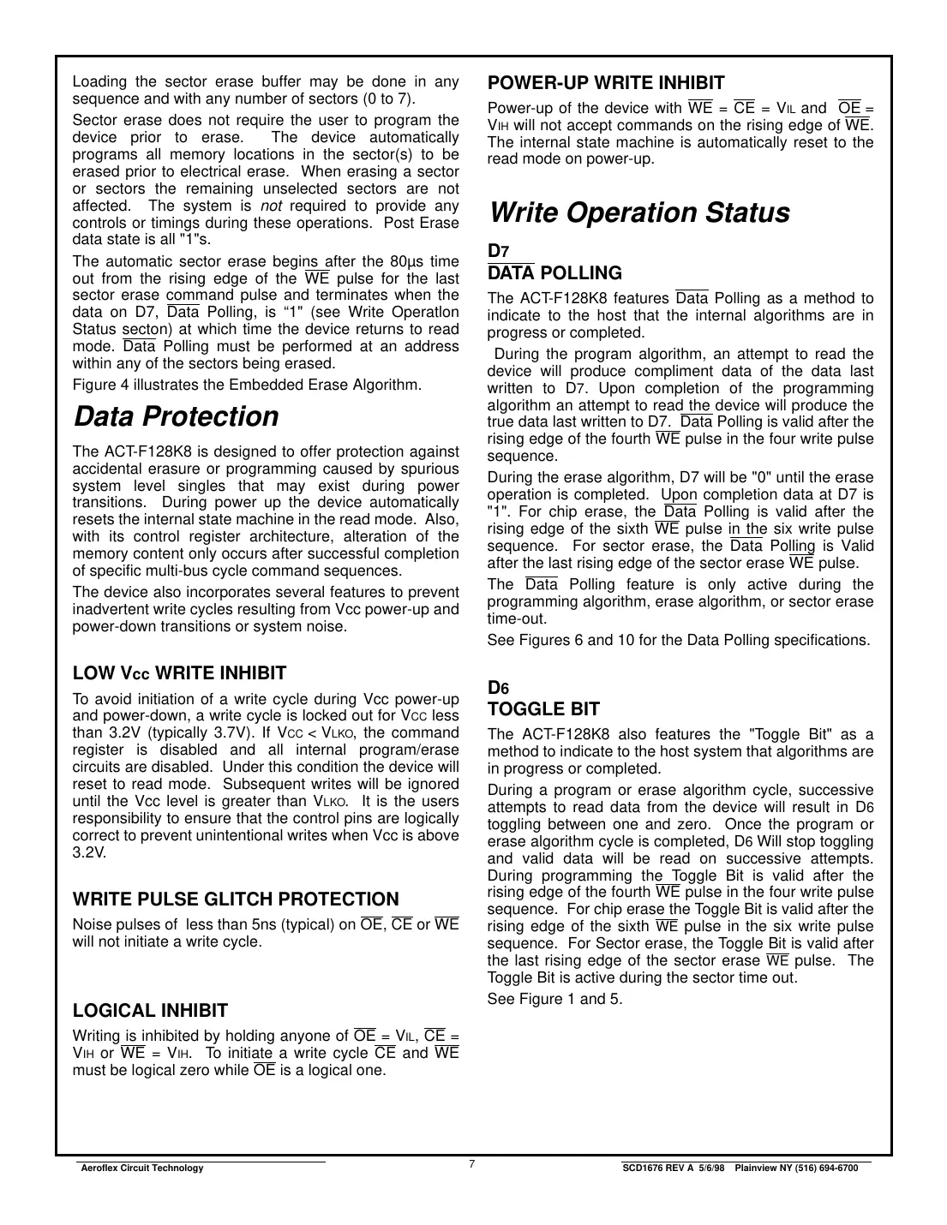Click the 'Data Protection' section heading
tap(176, 416)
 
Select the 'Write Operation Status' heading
tap(638, 212)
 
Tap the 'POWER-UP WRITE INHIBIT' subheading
tap(605, 83)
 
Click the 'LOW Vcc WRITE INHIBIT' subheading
tap(179, 673)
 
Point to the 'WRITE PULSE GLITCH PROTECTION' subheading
tap(236, 899)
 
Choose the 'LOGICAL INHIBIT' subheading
tap(150, 1011)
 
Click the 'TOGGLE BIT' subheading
tap(543, 709)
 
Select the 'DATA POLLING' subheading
tap(554, 273)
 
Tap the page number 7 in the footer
tap(472, 1163)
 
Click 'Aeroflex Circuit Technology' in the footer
tap(141, 1168)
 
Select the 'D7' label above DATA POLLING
tap(498, 251)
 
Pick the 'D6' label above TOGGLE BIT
tap(498, 687)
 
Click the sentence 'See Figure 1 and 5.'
tap(554, 999)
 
